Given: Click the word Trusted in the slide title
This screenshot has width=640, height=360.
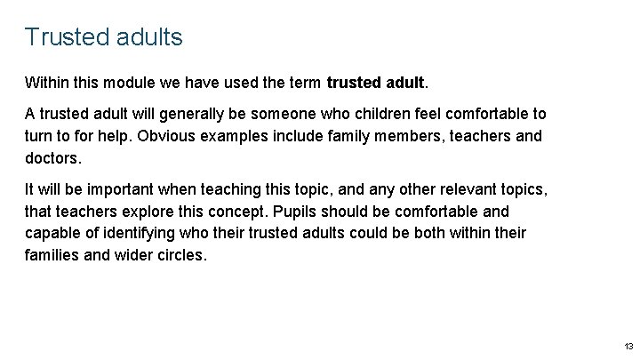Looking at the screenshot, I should pyautogui.click(x=67, y=37).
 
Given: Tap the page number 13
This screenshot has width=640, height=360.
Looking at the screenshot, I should pyautogui.click(x=628, y=346).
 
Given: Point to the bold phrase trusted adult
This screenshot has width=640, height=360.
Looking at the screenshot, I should pyautogui.click(x=377, y=84).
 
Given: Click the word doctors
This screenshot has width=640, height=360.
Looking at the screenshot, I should pyautogui.click(x=53, y=158).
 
